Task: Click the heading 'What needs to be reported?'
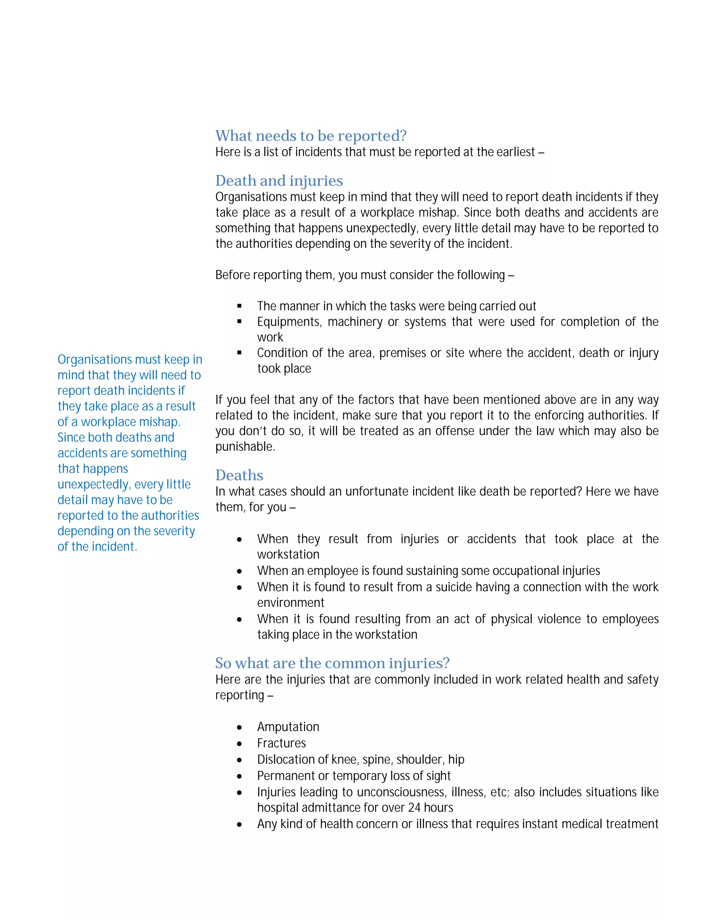point(311,136)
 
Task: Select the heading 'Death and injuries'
point(279,181)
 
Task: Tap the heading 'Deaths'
point(239,475)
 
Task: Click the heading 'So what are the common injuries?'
point(332,663)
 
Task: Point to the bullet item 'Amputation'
point(288,727)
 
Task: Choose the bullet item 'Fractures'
point(281,743)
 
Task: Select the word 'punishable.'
point(245,446)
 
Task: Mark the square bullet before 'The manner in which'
point(239,306)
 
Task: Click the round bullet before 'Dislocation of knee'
point(239,760)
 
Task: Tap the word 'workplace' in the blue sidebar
point(109,422)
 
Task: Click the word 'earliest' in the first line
point(516,152)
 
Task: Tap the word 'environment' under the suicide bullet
point(291,603)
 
